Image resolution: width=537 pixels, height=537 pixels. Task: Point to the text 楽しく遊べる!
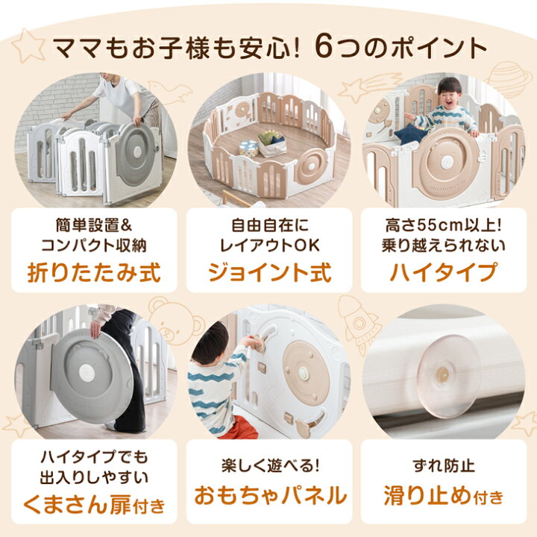click(268, 468)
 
